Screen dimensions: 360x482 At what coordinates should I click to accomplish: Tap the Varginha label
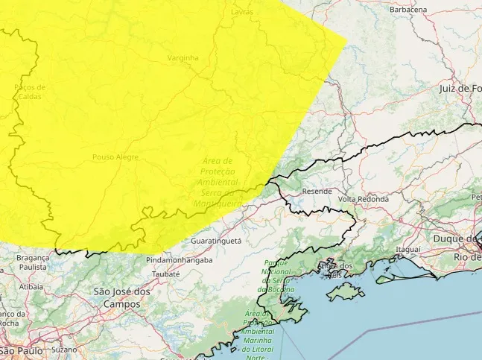tap(183, 58)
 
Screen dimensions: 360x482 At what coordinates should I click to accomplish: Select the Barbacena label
tap(408, 10)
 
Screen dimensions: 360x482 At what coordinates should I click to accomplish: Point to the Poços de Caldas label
tap(30, 92)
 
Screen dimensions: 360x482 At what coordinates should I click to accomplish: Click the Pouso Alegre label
tap(112, 157)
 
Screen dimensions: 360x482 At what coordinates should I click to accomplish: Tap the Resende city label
tap(317, 192)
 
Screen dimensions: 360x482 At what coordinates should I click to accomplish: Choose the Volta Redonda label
tap(364, 200)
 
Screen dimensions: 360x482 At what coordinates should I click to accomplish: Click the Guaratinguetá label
tap(216, 242)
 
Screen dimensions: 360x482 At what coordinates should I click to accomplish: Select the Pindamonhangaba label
tap(179, 261)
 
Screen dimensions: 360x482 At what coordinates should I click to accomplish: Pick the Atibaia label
tap(31, 285)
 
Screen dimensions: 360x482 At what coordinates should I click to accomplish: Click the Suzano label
tap(65, 349)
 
